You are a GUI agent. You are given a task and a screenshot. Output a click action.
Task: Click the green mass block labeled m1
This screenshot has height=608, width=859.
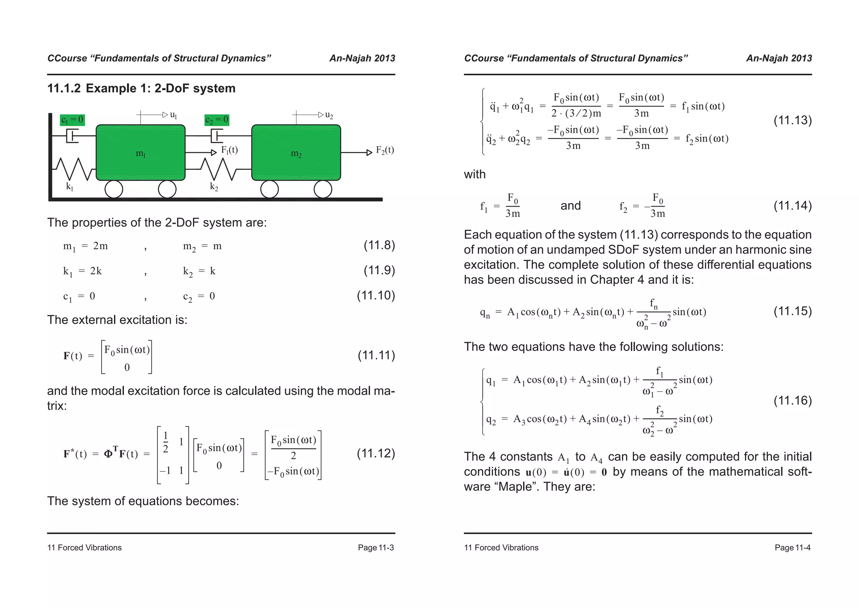coord(141,152)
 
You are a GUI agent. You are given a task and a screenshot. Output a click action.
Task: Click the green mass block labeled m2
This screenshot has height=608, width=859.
coord(296,152)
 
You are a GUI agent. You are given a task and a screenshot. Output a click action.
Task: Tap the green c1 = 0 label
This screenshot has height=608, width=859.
coord(72,120)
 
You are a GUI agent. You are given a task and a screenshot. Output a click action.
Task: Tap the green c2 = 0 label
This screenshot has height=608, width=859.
coord(217,120)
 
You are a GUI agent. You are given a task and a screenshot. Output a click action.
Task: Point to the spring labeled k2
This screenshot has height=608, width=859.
coord(219,169)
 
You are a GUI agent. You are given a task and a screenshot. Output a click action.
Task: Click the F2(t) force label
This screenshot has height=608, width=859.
coord(385,150)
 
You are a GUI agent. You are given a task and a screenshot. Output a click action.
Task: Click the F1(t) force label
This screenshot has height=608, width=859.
coord(229,150)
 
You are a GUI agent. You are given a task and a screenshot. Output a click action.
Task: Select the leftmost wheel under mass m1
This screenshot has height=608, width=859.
coord(114,189)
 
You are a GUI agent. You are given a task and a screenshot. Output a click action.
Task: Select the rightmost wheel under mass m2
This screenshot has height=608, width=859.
coord(323,189)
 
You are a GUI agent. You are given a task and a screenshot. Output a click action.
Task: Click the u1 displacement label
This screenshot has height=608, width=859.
coord(173,115)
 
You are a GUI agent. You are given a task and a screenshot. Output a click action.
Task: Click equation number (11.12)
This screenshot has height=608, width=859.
coord(376,453)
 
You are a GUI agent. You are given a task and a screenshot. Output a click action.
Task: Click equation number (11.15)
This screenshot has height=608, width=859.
coord(792,311)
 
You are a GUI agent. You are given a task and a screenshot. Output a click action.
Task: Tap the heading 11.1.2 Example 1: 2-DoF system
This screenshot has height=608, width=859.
coord(141,89)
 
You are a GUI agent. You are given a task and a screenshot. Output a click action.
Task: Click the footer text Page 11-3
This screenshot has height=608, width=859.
coord(375,548)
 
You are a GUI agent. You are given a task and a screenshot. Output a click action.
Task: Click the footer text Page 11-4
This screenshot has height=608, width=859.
coord(792,548)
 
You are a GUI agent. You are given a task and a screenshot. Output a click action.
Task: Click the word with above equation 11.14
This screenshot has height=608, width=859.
coord(474,174)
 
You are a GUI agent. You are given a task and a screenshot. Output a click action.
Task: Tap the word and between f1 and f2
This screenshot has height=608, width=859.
coord(570,206)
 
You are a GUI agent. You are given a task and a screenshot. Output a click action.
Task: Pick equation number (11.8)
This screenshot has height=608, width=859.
coord(379,245)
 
